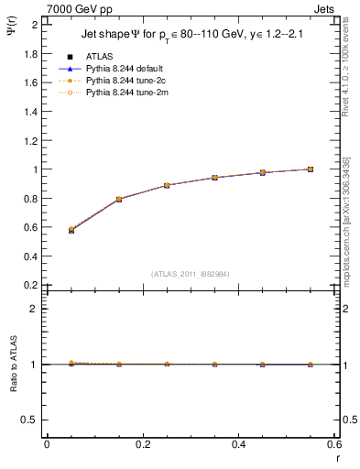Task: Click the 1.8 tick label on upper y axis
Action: [x=32, y=53]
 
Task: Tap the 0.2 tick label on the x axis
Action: [x=142, y=444]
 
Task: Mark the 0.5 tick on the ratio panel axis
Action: [x=32, y=420]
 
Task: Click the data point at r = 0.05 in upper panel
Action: [x=71, y=230]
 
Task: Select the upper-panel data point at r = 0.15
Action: [x=119, y=199]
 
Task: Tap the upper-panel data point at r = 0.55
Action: [x=311, y=169]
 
